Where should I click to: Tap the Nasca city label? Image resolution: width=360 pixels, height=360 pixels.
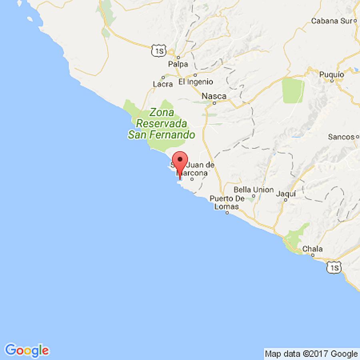[x=214, y=96]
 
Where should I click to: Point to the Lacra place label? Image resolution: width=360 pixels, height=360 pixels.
[x=163, y=84]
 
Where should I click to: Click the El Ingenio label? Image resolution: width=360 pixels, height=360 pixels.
[x=196, y=82]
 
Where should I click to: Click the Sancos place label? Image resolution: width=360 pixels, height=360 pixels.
[x=341, y=137]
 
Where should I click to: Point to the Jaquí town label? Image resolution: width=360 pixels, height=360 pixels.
[x=286, y=194]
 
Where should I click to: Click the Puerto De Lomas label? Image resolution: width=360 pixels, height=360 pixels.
[x=227, y=203]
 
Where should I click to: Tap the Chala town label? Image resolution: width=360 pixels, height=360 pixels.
[x=312, y=249]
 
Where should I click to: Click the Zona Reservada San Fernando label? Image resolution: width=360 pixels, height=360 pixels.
[x=161, y=124]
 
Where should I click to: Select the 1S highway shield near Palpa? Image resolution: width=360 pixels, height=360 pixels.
[x=159, y=50]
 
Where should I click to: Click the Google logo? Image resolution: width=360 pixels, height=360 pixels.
[x=27, y=350]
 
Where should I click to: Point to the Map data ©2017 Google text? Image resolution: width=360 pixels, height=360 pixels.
[x=311, y=354]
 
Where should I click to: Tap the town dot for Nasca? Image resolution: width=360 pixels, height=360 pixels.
[x=214, y=103]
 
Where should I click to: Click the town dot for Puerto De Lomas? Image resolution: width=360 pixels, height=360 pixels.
[x=227, y=213]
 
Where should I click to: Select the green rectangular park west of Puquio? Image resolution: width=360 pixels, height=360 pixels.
[x=293, y=91]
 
